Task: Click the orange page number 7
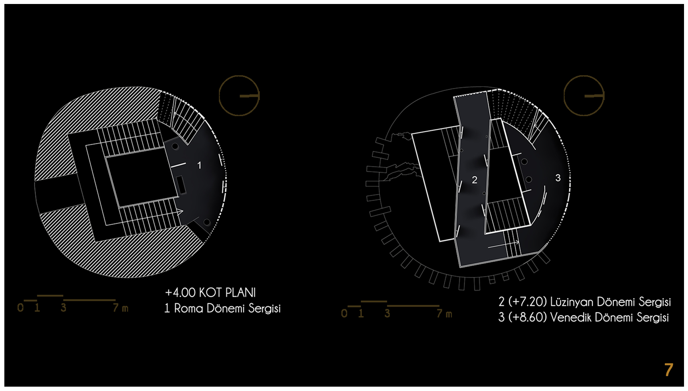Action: (668, 370)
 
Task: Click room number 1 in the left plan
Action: (199, 165)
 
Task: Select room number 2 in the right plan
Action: (474, 180)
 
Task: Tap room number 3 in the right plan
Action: (558, 178)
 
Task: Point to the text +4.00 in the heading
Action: (180, 293)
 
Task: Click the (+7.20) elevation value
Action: (528, 302)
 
